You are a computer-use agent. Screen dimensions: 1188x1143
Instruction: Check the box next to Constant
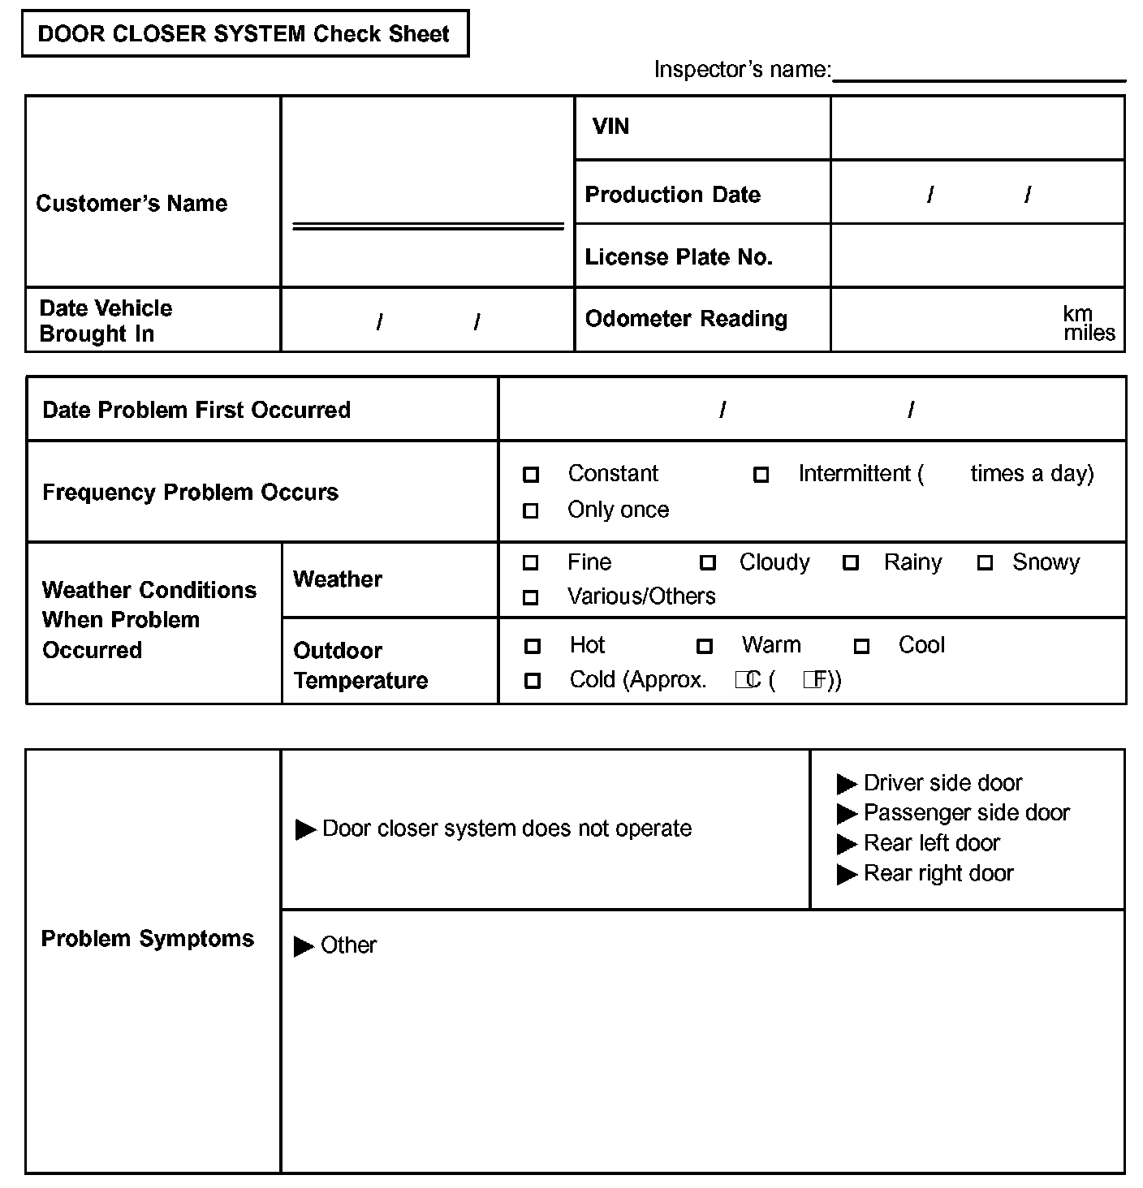(531, 475)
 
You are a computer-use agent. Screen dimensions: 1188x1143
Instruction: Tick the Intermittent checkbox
(761, 475)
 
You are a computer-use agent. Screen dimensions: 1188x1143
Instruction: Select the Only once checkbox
(531, 510)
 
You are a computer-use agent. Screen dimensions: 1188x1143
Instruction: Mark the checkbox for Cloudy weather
(708, 562)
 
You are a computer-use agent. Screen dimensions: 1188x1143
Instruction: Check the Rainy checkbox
(851, 562)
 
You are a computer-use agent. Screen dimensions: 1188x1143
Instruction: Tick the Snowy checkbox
(985, 562)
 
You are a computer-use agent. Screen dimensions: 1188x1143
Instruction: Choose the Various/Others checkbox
(531, 597)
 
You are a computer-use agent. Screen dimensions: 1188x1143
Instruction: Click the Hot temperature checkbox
(533, 646)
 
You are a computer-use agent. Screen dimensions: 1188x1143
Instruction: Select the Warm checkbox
(705, 646)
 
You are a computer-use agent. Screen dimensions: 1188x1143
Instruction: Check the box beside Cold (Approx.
(533, 681)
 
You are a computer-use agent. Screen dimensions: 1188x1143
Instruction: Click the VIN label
(610, 127)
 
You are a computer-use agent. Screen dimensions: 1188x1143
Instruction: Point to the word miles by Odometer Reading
(1089, 334)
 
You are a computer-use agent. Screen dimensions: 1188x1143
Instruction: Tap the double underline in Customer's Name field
(428, 226)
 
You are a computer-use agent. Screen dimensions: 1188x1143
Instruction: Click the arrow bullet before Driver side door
(847, 784)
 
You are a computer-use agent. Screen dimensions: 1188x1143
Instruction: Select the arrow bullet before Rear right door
(847, 874)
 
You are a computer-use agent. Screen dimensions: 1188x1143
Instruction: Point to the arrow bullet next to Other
(304, 946)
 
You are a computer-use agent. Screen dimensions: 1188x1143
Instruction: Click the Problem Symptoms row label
(147, 939)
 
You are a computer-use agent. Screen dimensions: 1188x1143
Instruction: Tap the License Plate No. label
(679, 257)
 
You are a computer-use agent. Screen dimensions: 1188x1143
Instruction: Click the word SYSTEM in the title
(259, 34)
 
